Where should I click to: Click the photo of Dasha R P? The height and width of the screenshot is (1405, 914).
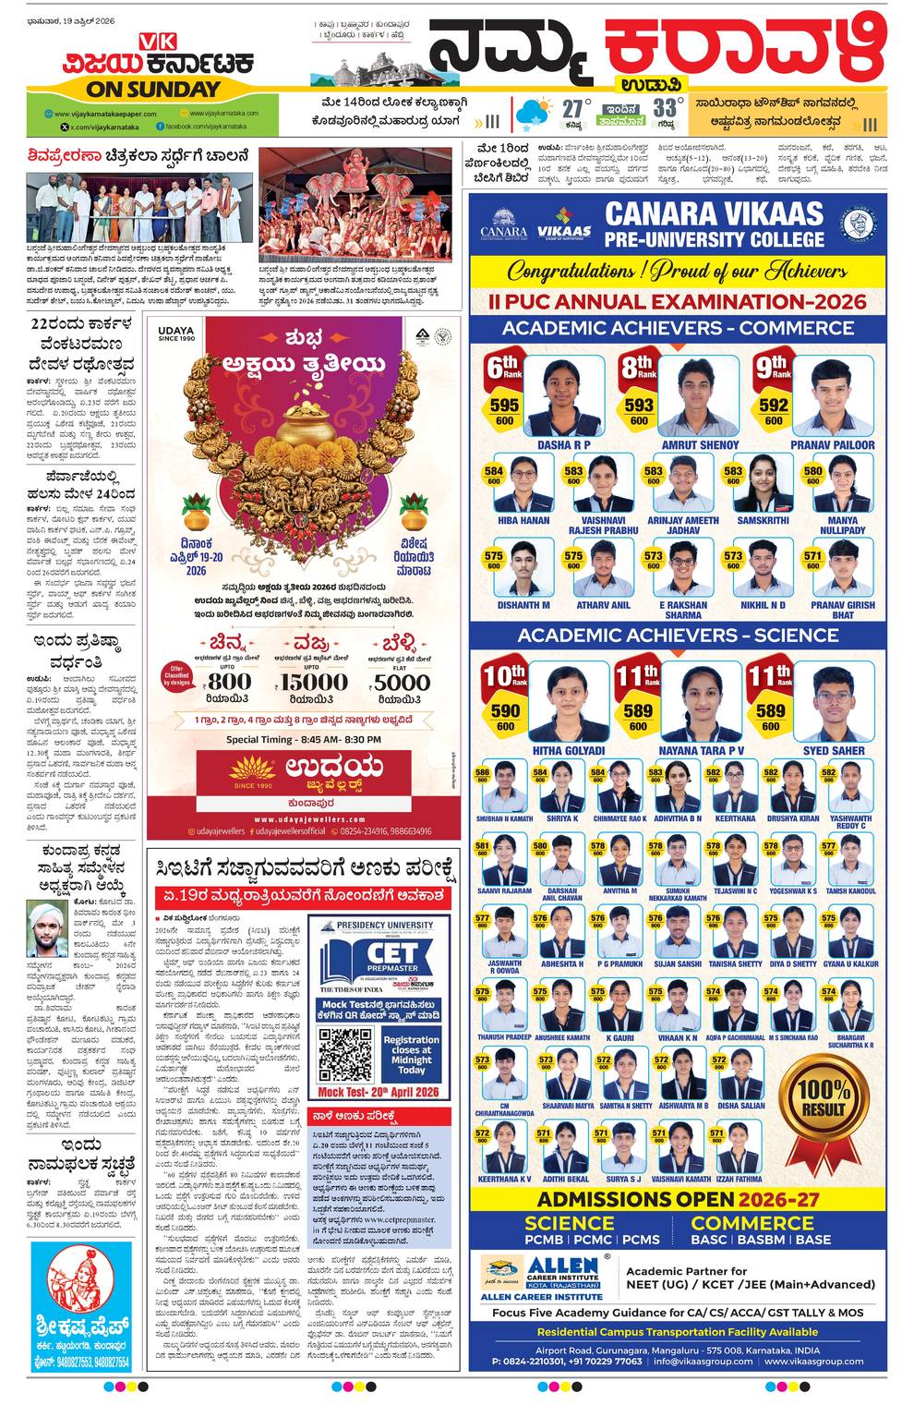pos(563,395)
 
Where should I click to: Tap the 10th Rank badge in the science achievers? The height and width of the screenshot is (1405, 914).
pos(505,676)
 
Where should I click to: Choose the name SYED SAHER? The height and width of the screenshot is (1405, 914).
pos(834,750)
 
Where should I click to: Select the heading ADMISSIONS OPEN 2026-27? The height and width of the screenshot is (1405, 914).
pos(678,1199)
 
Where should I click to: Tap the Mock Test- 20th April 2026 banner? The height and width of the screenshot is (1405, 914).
pos(379,1092)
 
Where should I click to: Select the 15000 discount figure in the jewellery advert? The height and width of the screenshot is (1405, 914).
pos(314,682)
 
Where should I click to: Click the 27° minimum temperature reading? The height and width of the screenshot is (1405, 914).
pos(574,110)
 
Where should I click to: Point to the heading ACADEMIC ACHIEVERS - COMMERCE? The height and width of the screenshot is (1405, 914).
pos(678,328)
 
